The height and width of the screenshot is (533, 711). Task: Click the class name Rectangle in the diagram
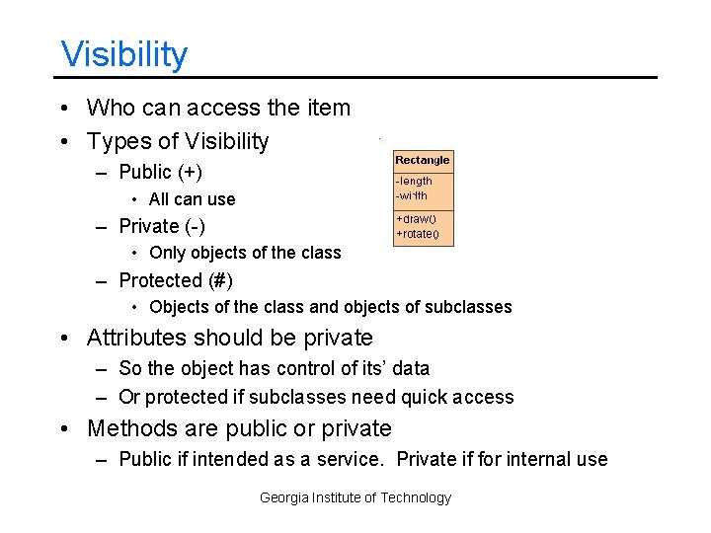pos(422,160)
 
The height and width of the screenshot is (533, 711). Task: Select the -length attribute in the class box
pos(414,181)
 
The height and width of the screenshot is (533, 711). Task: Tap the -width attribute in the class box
pos(412,194)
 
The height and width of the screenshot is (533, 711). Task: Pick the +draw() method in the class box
pos(416,218)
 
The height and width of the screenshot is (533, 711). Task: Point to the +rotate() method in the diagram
pos(419,235)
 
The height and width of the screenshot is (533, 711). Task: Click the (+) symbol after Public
pos(190,173)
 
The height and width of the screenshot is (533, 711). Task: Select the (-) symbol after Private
pos(194,226)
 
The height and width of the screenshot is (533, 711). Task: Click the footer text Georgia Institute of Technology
pos(355,497)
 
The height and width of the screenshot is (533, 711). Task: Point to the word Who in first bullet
pos(111,108)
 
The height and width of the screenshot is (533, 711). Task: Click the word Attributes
pos(136,338)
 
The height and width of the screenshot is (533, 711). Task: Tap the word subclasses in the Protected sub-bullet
pos(468,307)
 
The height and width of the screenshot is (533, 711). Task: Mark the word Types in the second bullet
pos(114,142)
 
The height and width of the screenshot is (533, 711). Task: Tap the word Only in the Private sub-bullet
pos(168,253)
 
